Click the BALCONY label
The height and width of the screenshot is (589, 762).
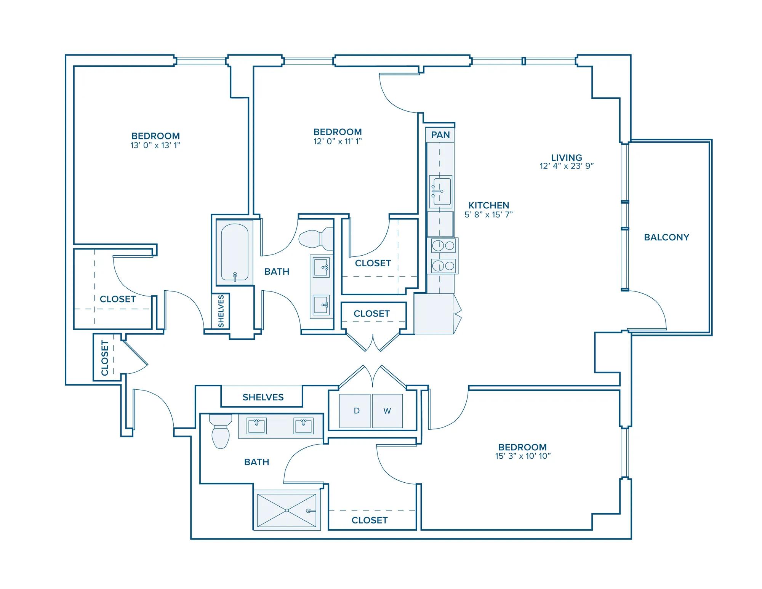(666, 237)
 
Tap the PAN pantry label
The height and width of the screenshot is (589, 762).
(440, 135)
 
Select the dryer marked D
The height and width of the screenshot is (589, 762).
(355, 411)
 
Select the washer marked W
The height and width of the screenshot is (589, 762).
(387, 411)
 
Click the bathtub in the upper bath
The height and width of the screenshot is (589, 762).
(235, 252)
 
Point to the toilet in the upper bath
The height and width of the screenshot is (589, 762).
(316, 238)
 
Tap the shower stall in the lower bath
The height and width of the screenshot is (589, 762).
(287, 510)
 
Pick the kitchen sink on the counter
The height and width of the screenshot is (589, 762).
(440, 192)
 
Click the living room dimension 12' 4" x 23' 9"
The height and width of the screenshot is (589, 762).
(567, 166)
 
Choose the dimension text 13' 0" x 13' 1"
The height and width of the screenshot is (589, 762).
(155, 145)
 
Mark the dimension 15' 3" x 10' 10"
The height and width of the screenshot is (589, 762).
(523, 456)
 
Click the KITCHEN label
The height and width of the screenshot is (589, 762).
(489, 205)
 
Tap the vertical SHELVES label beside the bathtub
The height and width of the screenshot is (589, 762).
(221, 311)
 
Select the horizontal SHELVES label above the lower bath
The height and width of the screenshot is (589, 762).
(263, 397)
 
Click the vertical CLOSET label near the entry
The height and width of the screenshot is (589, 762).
(105, 358)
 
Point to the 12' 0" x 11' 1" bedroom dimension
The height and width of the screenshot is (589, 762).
(338, 141)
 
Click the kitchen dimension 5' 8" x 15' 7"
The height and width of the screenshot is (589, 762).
(489, 214)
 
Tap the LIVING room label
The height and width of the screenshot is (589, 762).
(567, 157)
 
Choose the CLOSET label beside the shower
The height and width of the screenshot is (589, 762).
(370, 520)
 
